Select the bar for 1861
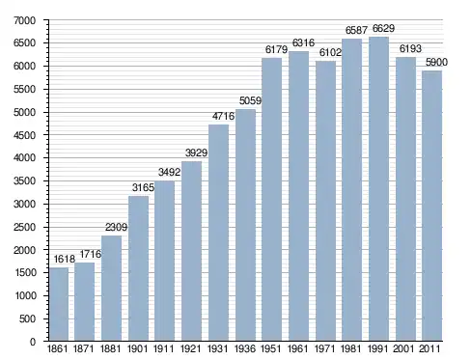coord(59,304)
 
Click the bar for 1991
coord(378,189)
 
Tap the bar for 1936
coord(245,225)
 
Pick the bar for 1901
coord(138,268)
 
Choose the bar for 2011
coord(432,206)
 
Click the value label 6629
coord(383,29)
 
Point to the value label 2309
coord(116,228)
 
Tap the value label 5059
coord(250,101)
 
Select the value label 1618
coord(64,259)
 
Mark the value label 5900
coord(436,63)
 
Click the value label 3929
coord(196,152)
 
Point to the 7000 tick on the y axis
coord(24,20)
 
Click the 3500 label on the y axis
coord(24,181)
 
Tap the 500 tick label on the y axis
coord(28,318)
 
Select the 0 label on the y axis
coord(33,342)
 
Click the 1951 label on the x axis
coord(271,348)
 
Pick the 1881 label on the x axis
coord(110,348)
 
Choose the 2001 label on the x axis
coord(403,348)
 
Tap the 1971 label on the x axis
coord(324,348)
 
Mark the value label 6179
coord(276,50)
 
